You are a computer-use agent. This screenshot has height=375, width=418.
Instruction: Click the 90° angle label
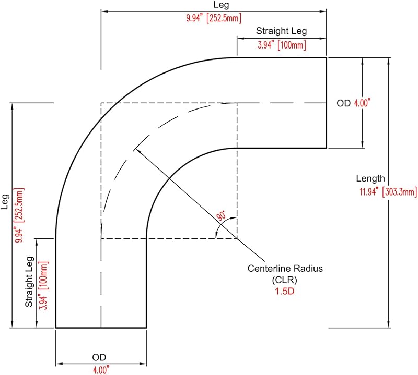[221, 215]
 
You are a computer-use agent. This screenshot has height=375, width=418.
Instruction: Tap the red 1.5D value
[285, 291]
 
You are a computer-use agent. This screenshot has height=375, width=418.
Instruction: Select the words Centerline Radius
[285, 268]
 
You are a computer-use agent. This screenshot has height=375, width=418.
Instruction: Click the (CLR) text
[284, 280]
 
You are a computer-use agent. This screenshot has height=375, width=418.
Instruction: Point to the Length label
[370, 178]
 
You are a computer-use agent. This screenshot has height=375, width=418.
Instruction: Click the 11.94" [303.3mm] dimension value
[388, 191]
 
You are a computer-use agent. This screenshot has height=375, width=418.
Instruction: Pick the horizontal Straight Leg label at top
[281, 31]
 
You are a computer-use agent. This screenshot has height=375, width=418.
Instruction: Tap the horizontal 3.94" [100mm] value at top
[282, 45]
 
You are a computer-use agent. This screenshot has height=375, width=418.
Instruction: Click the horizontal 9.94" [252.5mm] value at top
[214, 18]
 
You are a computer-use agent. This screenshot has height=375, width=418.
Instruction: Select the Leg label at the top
[221, 5]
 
